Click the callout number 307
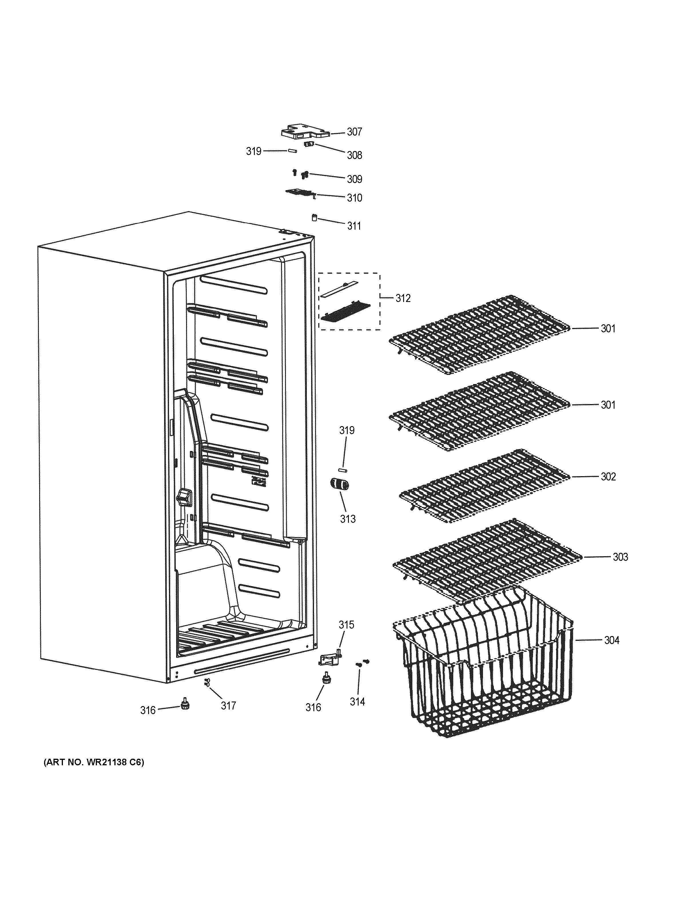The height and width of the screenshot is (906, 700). click(354, 132)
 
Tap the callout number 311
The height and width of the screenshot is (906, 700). click(354, 226)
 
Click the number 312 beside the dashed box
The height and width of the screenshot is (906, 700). click(402, 298)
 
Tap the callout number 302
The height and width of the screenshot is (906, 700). click(608, 477)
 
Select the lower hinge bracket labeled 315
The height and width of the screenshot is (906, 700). click(331, 658)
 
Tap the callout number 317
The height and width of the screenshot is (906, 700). click(228, 706)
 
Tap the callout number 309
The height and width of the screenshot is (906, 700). click(354, 179)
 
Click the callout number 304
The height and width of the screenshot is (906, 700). click(611, 641)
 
